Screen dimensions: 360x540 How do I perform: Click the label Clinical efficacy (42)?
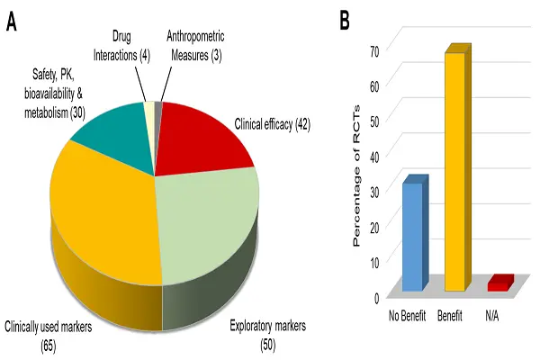[273, 125]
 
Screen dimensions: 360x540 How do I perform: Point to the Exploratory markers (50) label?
[269, 330]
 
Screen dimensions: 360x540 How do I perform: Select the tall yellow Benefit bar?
[455, 171]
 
